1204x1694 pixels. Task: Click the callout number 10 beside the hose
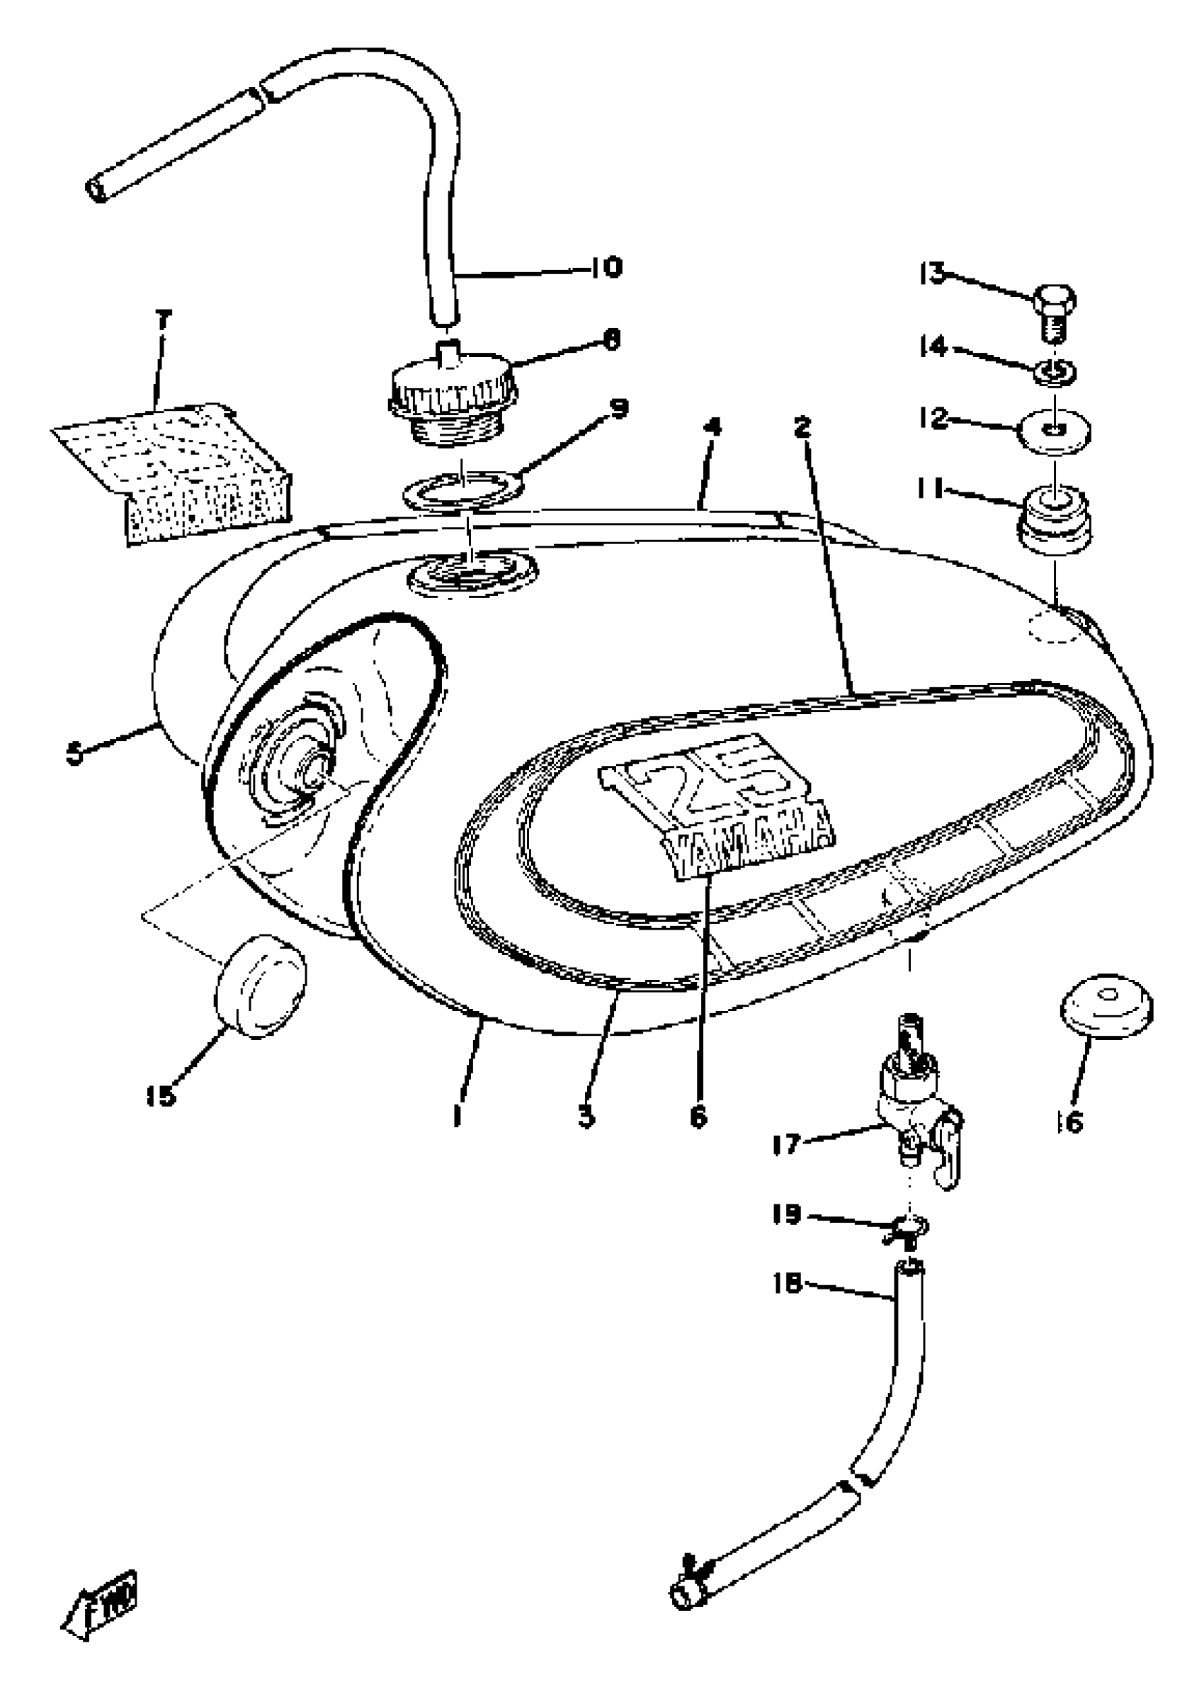tap(606, 267)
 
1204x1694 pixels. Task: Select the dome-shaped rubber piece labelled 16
tap(1105, 1007)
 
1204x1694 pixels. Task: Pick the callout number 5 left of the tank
tap(75, 755)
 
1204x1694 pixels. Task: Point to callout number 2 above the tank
tap(802, 428)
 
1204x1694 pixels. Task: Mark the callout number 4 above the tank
tap(713, 428)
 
